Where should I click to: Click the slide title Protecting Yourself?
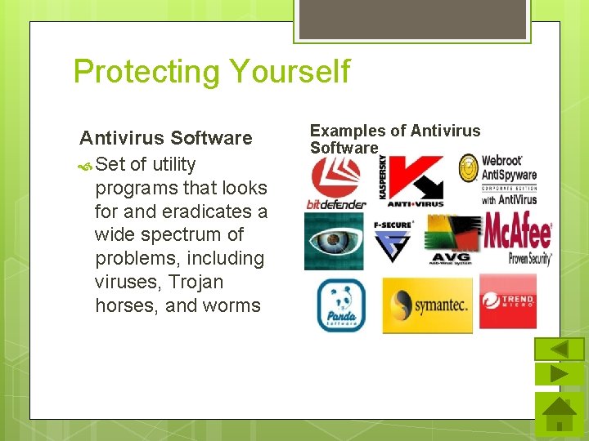[211, 72]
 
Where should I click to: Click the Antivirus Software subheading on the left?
[166, 137]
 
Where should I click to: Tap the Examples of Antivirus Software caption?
[394, 139]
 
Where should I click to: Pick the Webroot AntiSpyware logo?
[498, 180]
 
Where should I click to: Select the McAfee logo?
[517, 238]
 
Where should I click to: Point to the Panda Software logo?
[340, 305]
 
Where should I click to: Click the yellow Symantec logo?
[427, 305]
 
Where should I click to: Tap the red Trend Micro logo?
[507, 301]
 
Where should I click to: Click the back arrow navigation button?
[559, 350]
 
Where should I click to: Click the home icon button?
[560, 414]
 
